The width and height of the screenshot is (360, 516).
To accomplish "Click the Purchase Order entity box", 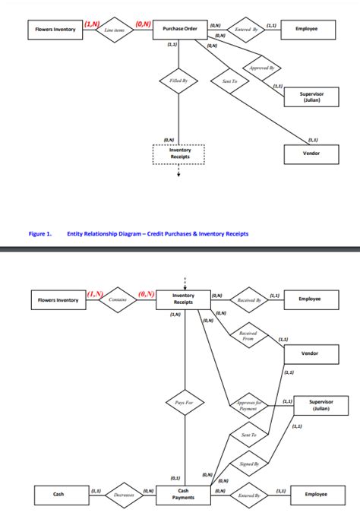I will pos(179,29).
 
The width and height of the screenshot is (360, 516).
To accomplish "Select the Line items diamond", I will pos(113,29).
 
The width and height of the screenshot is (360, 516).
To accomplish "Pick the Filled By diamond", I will pos(178,80).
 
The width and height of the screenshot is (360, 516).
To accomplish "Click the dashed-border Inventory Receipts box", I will pos(179,154).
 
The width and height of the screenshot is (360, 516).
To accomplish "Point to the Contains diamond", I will pos(118,299).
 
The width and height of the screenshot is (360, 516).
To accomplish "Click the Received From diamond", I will pos(247,335).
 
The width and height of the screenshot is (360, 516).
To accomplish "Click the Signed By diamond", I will pos(249,463).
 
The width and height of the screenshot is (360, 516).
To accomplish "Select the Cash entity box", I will pos(58,495).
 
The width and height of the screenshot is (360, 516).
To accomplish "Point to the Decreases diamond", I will pos(124,495).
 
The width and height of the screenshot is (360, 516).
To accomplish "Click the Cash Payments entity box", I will pos(183,495).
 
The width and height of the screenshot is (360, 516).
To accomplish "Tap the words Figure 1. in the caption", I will pos(39,234).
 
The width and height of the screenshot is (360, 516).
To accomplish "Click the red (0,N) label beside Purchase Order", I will pos(144,25).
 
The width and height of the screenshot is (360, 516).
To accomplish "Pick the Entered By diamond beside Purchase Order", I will pos(247,29).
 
